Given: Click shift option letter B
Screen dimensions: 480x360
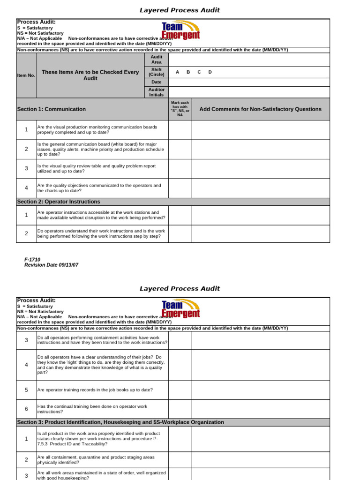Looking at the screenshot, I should point(188,72).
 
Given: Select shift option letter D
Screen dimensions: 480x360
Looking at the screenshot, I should point(210,72).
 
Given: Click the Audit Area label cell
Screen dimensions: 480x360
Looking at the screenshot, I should point(156,60).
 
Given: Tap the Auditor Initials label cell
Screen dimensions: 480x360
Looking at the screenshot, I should point(156,92).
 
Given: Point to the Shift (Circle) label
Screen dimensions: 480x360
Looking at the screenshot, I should point(156,72).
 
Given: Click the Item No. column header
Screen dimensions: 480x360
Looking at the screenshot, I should point(26,75).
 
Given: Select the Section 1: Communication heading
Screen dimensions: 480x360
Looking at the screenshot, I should point(52,109).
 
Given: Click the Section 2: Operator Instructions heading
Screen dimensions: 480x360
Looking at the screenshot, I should point(59,202).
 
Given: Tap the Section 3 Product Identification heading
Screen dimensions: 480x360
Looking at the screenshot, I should point(120,422).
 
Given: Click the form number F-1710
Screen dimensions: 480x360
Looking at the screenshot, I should point(32,259).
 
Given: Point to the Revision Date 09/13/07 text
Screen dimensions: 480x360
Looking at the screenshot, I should point(51,265).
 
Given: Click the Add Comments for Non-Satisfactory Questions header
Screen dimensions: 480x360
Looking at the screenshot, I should point(260,109).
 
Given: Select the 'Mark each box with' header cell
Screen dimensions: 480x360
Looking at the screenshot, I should point(180,109).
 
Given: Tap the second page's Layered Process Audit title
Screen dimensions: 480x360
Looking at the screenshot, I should point(180,288).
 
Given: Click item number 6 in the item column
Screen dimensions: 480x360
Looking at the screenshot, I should point(26,409).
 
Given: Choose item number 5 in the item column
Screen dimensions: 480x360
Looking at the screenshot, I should point(26,390).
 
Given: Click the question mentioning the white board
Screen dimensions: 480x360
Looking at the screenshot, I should point(101,149).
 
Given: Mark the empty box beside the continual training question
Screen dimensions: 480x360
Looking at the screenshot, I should point(180,409).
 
